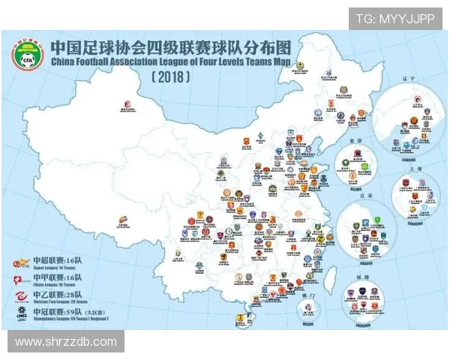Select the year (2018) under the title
tap(170, 77)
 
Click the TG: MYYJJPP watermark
tap(394, 18)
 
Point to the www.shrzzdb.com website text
tap(66, 342)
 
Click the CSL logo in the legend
tap(20, 263)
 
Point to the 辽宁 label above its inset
tap(408, 97)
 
